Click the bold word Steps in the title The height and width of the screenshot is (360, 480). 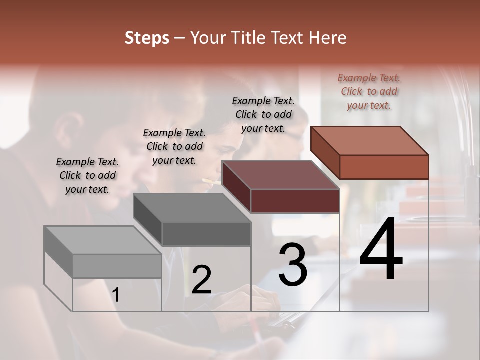(x=147, y=38)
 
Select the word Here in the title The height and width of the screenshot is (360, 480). (x=327, y=38)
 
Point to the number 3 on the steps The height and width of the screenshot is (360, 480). (x=293, y=264)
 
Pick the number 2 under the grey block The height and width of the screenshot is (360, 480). (x=201, y=279)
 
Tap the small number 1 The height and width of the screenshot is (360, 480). (x=116, y=295)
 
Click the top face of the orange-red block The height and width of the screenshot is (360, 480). (x=370, y=140)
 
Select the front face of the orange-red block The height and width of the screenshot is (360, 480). (x=384, y=167)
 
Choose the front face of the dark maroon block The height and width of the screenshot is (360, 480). (x=295, y=201)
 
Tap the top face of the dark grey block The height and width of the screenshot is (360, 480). (x=192, y=207)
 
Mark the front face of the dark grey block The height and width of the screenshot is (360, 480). (x=206, y=234)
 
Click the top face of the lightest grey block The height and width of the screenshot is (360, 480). (x=103, y=240)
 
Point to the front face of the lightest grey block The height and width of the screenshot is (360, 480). (x=117, y=266)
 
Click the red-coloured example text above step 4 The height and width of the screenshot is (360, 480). (x=369, y=91)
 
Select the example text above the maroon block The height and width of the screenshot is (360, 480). (x=263, y=114)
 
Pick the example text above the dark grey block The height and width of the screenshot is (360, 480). (x=174, y=146)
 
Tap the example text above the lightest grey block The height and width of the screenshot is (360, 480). (x=87, y=175)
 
